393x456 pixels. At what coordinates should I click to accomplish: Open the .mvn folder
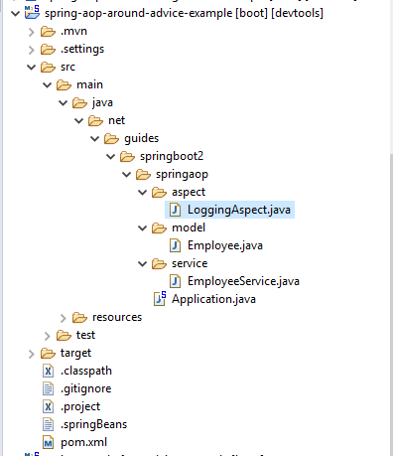pyautogui.click(x=74, y=31)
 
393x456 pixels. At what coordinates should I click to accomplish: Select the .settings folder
pyautogui.click(x=82, y=49)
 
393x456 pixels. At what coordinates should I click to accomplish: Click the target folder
pyautogui.click(x=76, y=353)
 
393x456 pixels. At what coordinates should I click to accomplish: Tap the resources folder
pyautogui.click(x=116, y=317)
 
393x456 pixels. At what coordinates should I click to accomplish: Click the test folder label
pyautogui.click(x=85, y=335)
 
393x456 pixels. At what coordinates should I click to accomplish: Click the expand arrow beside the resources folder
pyautogui.click(x=63, y=317)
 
